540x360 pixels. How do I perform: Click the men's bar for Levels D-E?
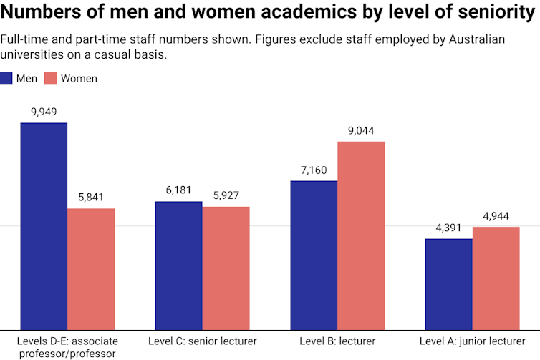click(x=44, y=226)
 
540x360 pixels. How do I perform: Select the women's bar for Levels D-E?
click(x=91, y=269)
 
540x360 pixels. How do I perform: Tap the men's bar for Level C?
click(x=179, y=266)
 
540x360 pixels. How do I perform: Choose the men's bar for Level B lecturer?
click(x=314, y=255)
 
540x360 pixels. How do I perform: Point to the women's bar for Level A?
click(x=496, y=278)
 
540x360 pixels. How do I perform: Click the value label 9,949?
click(x=44, y=112)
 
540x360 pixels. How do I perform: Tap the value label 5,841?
click(x=91, y=197)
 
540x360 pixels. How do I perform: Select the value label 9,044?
click(x=361, y=130)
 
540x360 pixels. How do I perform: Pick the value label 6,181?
click(x=179, y=190)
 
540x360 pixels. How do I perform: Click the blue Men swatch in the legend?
click(x=7, y=79)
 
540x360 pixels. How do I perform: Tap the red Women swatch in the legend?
click(x=52, y=79)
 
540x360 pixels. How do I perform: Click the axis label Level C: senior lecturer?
click(x=202, y=341)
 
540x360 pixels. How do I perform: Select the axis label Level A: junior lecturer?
click(x=472, y=341)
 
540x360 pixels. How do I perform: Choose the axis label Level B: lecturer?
click(x=337, y=341)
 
